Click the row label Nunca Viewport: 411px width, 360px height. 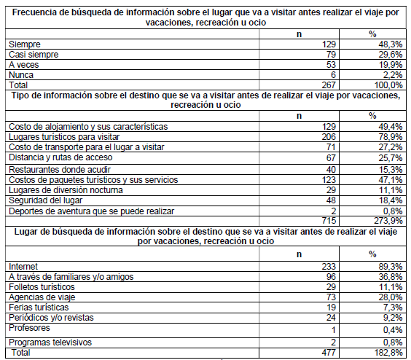20,75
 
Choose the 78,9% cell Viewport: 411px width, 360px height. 386,137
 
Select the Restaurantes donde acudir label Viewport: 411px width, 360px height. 55,168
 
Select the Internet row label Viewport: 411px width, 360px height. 23,267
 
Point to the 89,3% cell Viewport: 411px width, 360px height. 386,267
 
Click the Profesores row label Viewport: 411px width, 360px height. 28,329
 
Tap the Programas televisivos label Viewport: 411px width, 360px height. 49,341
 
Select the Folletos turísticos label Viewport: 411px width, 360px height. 43,288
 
